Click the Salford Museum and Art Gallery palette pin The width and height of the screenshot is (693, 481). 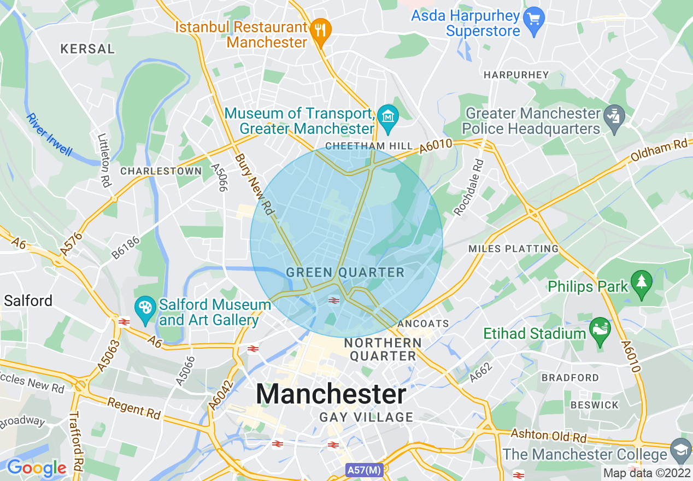point(145,311)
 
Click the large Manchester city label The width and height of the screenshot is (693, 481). point(331,394)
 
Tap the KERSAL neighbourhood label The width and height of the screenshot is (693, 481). point(87,49)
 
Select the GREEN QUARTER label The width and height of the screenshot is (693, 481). point(345,272)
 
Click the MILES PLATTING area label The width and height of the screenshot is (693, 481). point(513,249)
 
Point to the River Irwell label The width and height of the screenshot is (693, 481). point(49,135)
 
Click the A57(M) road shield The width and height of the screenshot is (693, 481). point(364,470)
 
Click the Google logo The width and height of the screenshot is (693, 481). point(36,467)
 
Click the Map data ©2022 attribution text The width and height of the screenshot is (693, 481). point(647,472)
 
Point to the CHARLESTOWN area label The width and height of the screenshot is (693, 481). point(161,171)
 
